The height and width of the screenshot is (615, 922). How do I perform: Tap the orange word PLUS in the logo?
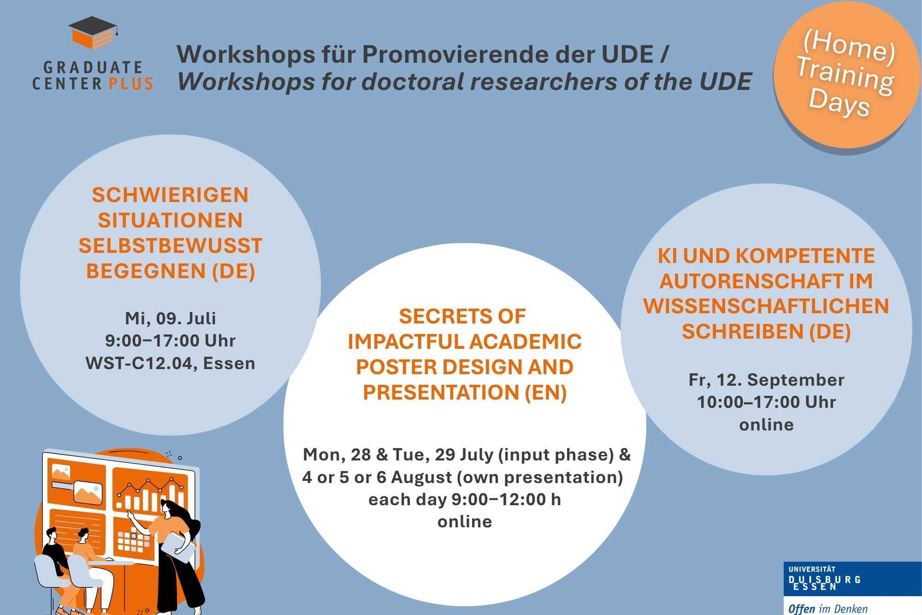(x=131, y=84)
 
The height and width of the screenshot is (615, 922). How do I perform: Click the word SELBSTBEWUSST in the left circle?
(x=171, y=245)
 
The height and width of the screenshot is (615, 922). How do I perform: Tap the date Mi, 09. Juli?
(x=171, y=318)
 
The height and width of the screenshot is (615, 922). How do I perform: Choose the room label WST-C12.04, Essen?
(x=171, y=364)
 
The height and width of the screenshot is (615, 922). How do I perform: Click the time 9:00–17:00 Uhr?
(x=171, y=341)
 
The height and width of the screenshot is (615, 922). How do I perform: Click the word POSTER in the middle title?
(x=396, y=367)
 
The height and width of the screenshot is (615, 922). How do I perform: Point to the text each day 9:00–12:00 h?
(x=465, y=500)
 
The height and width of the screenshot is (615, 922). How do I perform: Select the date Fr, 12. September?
(x=767, y=380)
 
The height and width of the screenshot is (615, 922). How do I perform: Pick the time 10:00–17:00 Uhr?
(x=767, y=402)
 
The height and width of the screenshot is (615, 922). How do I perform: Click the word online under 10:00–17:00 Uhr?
(x=767, y=425)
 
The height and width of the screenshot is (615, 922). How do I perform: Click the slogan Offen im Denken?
(x=828, y=609)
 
